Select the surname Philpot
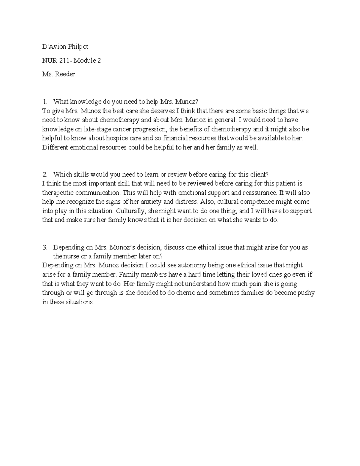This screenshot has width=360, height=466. pyautogui.click(x=78, y=47)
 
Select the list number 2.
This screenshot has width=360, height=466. pyautogui.click(x=45, y=174)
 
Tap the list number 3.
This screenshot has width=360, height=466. pyautogui.click(x=45, y=248)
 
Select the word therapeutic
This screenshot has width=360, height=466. pyautogui.click(x=58, y=193)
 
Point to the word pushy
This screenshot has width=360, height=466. pyautogui.click(x=306, y=293)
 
